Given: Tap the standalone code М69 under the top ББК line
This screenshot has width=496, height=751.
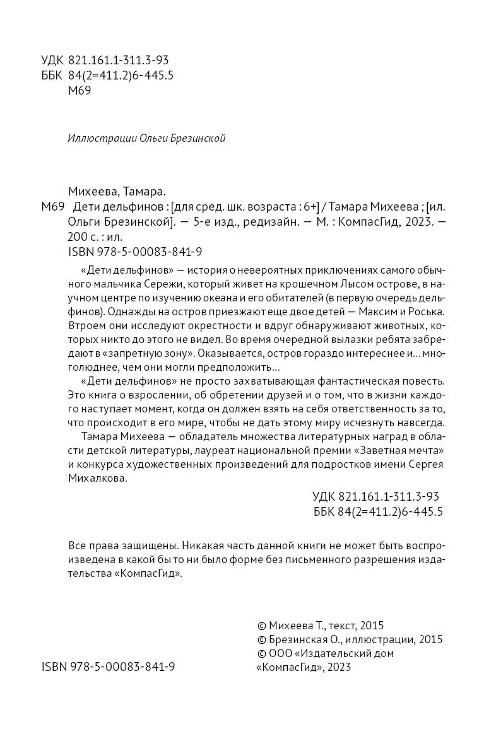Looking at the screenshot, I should (79, 91).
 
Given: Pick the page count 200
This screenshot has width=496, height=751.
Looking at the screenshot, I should (76, 237).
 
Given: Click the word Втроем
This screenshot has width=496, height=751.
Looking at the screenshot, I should (84, 327).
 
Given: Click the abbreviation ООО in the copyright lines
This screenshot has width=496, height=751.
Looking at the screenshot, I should (281, 654).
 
